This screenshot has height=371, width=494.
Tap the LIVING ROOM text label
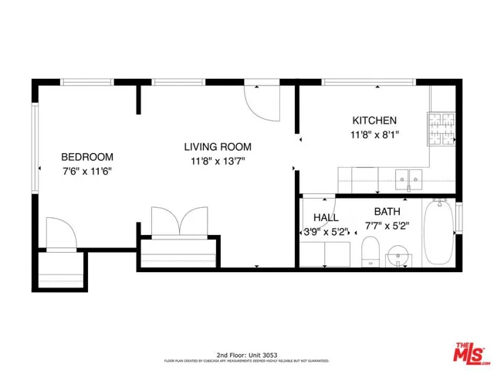coord(217,147)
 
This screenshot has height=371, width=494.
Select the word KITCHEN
coord(374,121)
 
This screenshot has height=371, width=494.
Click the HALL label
coord(325,217)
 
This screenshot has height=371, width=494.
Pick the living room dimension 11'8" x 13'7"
coord(217,162)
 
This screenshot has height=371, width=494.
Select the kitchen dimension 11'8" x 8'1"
coord(374,134)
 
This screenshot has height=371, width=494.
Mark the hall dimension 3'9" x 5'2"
coord(323,231)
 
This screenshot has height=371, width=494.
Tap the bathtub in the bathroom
coord(439,231)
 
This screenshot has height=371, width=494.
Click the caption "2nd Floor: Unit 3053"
coord(246,352)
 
